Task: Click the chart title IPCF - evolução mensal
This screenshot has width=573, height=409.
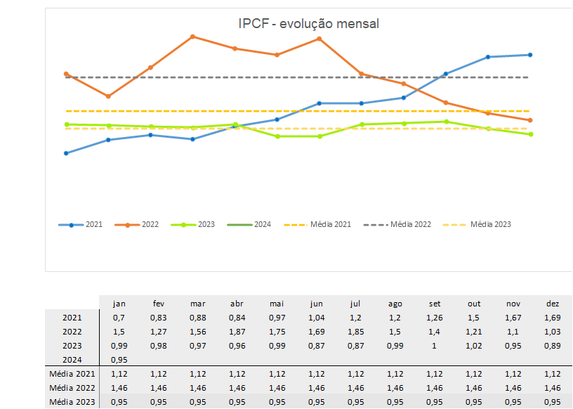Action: [309, 24]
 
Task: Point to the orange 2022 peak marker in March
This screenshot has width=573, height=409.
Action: [192, 36]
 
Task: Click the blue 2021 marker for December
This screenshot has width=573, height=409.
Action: [529, 55]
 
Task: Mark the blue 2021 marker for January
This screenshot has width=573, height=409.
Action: [66, 153]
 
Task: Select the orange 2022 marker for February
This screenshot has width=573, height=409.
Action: [108, 96]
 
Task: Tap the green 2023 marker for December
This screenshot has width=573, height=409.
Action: [529, 134]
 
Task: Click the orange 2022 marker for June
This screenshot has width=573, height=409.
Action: [320, 39]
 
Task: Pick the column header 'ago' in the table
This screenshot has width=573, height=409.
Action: [395, 304]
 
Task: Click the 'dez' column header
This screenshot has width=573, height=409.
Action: [552, 304]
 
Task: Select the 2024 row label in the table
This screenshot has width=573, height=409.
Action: [72, 360]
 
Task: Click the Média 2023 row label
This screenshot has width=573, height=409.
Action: [72, 402]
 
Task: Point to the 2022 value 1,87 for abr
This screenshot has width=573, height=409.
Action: [237, 332]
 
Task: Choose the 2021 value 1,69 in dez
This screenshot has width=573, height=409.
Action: [552, 318]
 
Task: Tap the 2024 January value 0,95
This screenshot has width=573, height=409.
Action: [119, 360]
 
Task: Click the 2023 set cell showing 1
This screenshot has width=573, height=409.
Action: [435, 346]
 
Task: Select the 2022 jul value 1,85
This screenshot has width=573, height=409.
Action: [356, 332]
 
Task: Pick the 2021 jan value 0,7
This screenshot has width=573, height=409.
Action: [119, 318]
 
